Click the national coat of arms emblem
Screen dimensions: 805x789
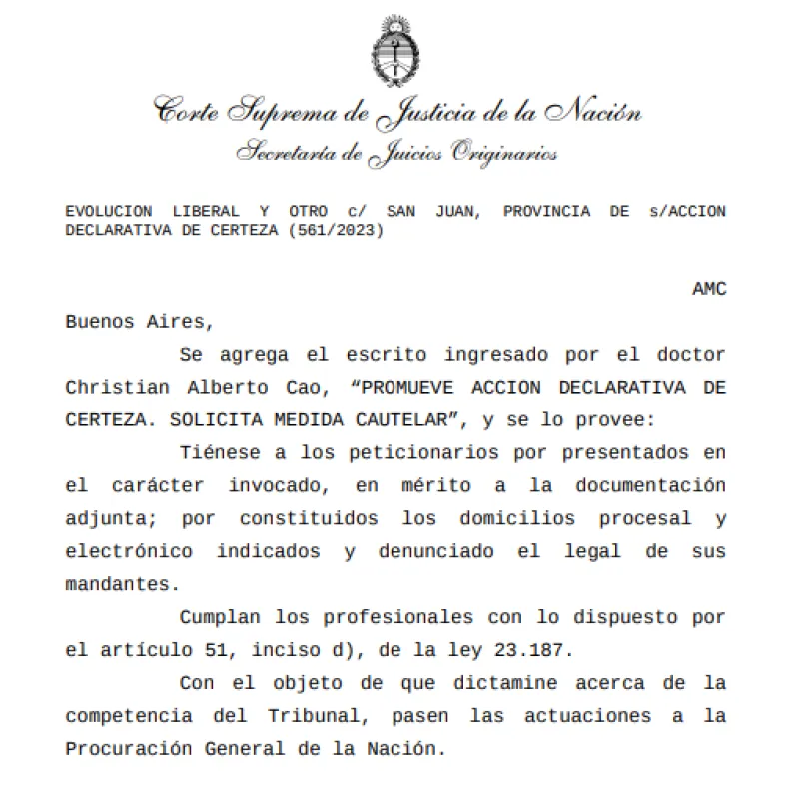(394, 49)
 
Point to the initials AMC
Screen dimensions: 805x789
(709, 289)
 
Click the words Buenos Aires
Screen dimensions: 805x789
(139, 322)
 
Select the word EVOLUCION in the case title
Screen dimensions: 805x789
(108, 211)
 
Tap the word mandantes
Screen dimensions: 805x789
(108, 583)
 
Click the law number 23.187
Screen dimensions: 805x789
(533, 649)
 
